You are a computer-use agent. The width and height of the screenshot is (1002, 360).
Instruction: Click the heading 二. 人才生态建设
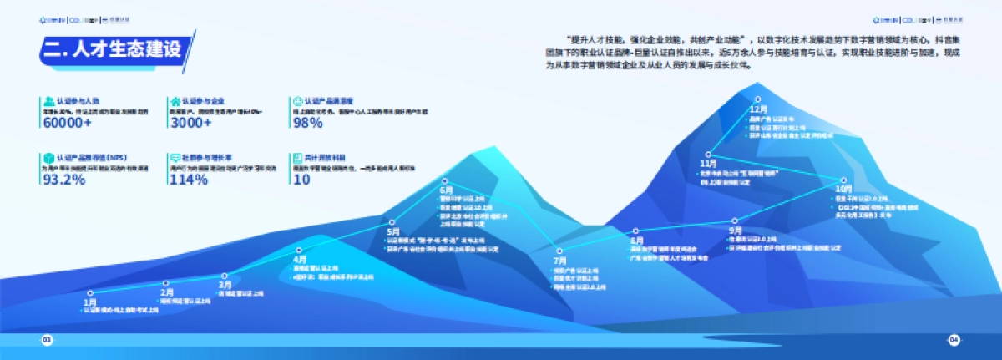click(112, 49)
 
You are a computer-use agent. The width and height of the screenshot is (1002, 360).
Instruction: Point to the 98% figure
click(307, 122)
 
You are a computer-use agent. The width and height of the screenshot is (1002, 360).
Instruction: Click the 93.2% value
click(63, 180)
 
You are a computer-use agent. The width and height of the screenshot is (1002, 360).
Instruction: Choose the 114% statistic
click(188, 180)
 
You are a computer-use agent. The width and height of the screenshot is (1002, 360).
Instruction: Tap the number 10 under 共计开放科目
click(301, 180)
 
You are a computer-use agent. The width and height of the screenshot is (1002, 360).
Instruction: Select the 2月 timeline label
click(167, 292)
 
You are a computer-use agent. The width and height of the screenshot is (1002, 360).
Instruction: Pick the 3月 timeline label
click(225, 285)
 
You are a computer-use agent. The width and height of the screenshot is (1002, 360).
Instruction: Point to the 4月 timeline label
click(301, 260)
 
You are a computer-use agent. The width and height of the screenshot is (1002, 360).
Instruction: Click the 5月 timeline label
click(394, 231)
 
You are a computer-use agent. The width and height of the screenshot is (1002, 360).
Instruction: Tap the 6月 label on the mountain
click(446, 190)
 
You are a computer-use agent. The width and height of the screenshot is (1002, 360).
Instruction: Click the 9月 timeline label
click(735, 230)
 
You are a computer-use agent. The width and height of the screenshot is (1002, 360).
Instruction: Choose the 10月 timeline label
click(844, 189)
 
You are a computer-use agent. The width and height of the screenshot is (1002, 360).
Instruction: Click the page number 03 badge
click(47, 340)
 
